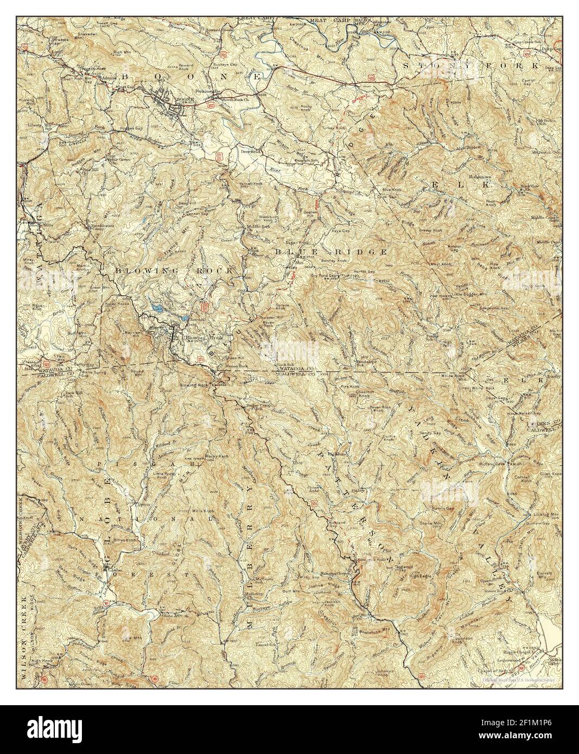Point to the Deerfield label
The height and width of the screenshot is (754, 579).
tap(251, 152)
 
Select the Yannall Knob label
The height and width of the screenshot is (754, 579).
tap(250, 184)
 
